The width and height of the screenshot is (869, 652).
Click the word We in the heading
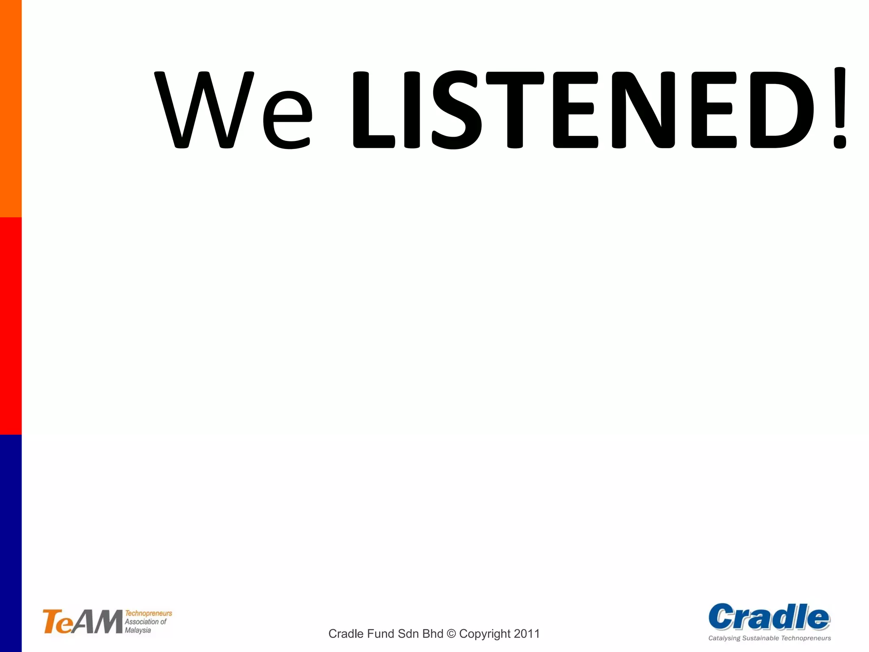pos(233,110)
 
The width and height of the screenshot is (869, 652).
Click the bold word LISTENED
pos(583,110)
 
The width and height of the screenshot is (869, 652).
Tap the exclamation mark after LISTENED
pos(839,108)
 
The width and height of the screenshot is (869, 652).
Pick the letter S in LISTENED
pos(457,110)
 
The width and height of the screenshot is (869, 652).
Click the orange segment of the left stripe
pos(11,108)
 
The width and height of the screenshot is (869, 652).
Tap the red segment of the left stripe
pos(11,326)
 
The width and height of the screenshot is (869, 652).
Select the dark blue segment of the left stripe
pos(11,543)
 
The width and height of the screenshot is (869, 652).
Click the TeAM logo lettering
pos(83,622)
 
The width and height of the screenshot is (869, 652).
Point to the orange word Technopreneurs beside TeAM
pos(149,613)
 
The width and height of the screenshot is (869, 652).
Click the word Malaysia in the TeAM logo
pos(138,630)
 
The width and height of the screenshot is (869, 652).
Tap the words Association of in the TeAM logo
pos(146,622)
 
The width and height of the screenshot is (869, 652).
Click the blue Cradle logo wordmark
pos(769,618)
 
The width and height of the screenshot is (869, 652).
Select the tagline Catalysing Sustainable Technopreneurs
pos(769,638)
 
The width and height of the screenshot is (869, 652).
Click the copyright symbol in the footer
pos(451,634)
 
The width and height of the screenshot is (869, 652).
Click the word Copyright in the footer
pos(485,634)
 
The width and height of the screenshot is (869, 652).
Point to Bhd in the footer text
pos(433,634)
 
